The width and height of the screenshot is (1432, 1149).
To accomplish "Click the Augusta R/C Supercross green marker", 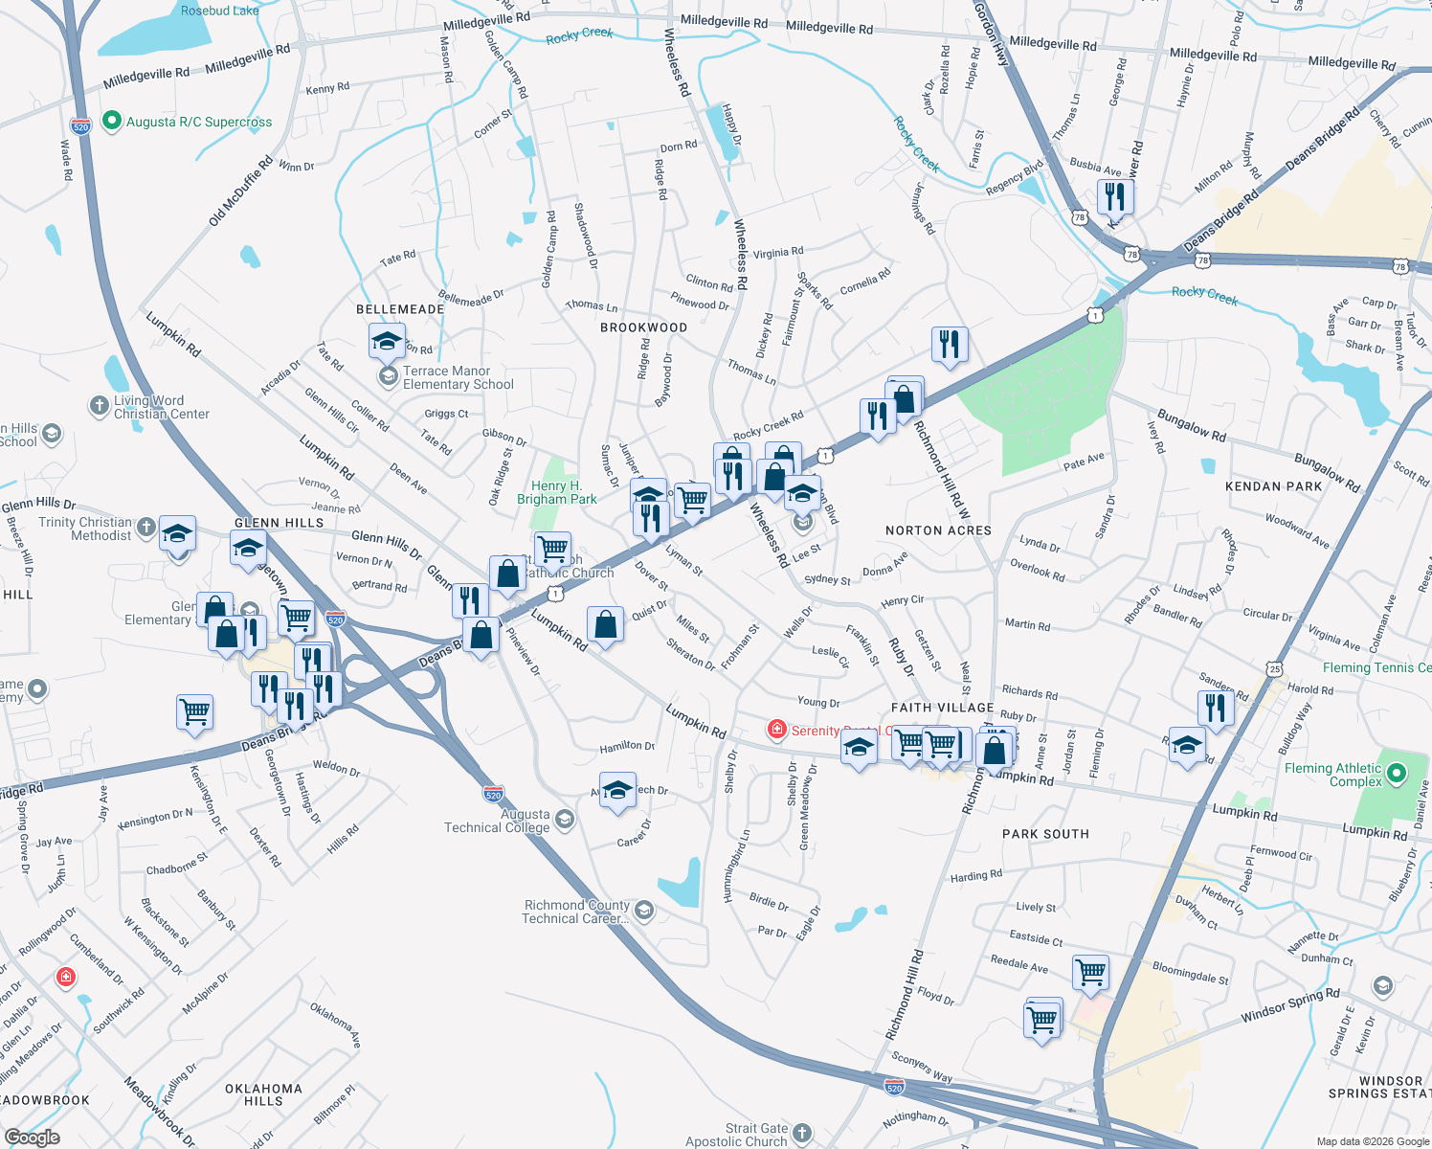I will point(111,122).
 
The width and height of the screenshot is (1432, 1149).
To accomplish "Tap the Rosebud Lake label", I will point(219,11).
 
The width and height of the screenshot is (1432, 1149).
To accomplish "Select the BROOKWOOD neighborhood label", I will point(643,327).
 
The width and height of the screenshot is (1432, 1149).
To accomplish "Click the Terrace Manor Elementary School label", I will point(458,377).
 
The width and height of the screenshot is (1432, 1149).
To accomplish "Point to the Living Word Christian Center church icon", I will point(99,406).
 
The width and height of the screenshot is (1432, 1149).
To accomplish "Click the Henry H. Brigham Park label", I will point(556,492).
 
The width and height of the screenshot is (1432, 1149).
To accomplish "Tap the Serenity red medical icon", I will point(777,731).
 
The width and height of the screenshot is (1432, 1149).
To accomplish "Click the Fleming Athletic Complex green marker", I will point(1396,773).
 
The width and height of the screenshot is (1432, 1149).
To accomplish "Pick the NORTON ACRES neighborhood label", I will point(938,530).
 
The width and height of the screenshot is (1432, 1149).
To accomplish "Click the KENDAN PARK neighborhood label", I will point(1273,486).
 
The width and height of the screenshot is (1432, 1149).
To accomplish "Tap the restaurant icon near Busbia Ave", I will point(1115,197).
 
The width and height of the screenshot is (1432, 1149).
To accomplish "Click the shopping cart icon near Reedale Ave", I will point(1090,973).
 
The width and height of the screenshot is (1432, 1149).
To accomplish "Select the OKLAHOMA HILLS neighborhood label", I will point(263,1094).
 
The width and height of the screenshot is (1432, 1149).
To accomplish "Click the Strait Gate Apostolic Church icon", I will point(802,1134).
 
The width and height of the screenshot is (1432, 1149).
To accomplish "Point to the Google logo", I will point(32,1138).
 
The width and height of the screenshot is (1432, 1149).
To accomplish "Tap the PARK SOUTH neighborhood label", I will point(1045,834).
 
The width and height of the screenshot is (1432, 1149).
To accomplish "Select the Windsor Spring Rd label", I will point(1289,1005).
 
